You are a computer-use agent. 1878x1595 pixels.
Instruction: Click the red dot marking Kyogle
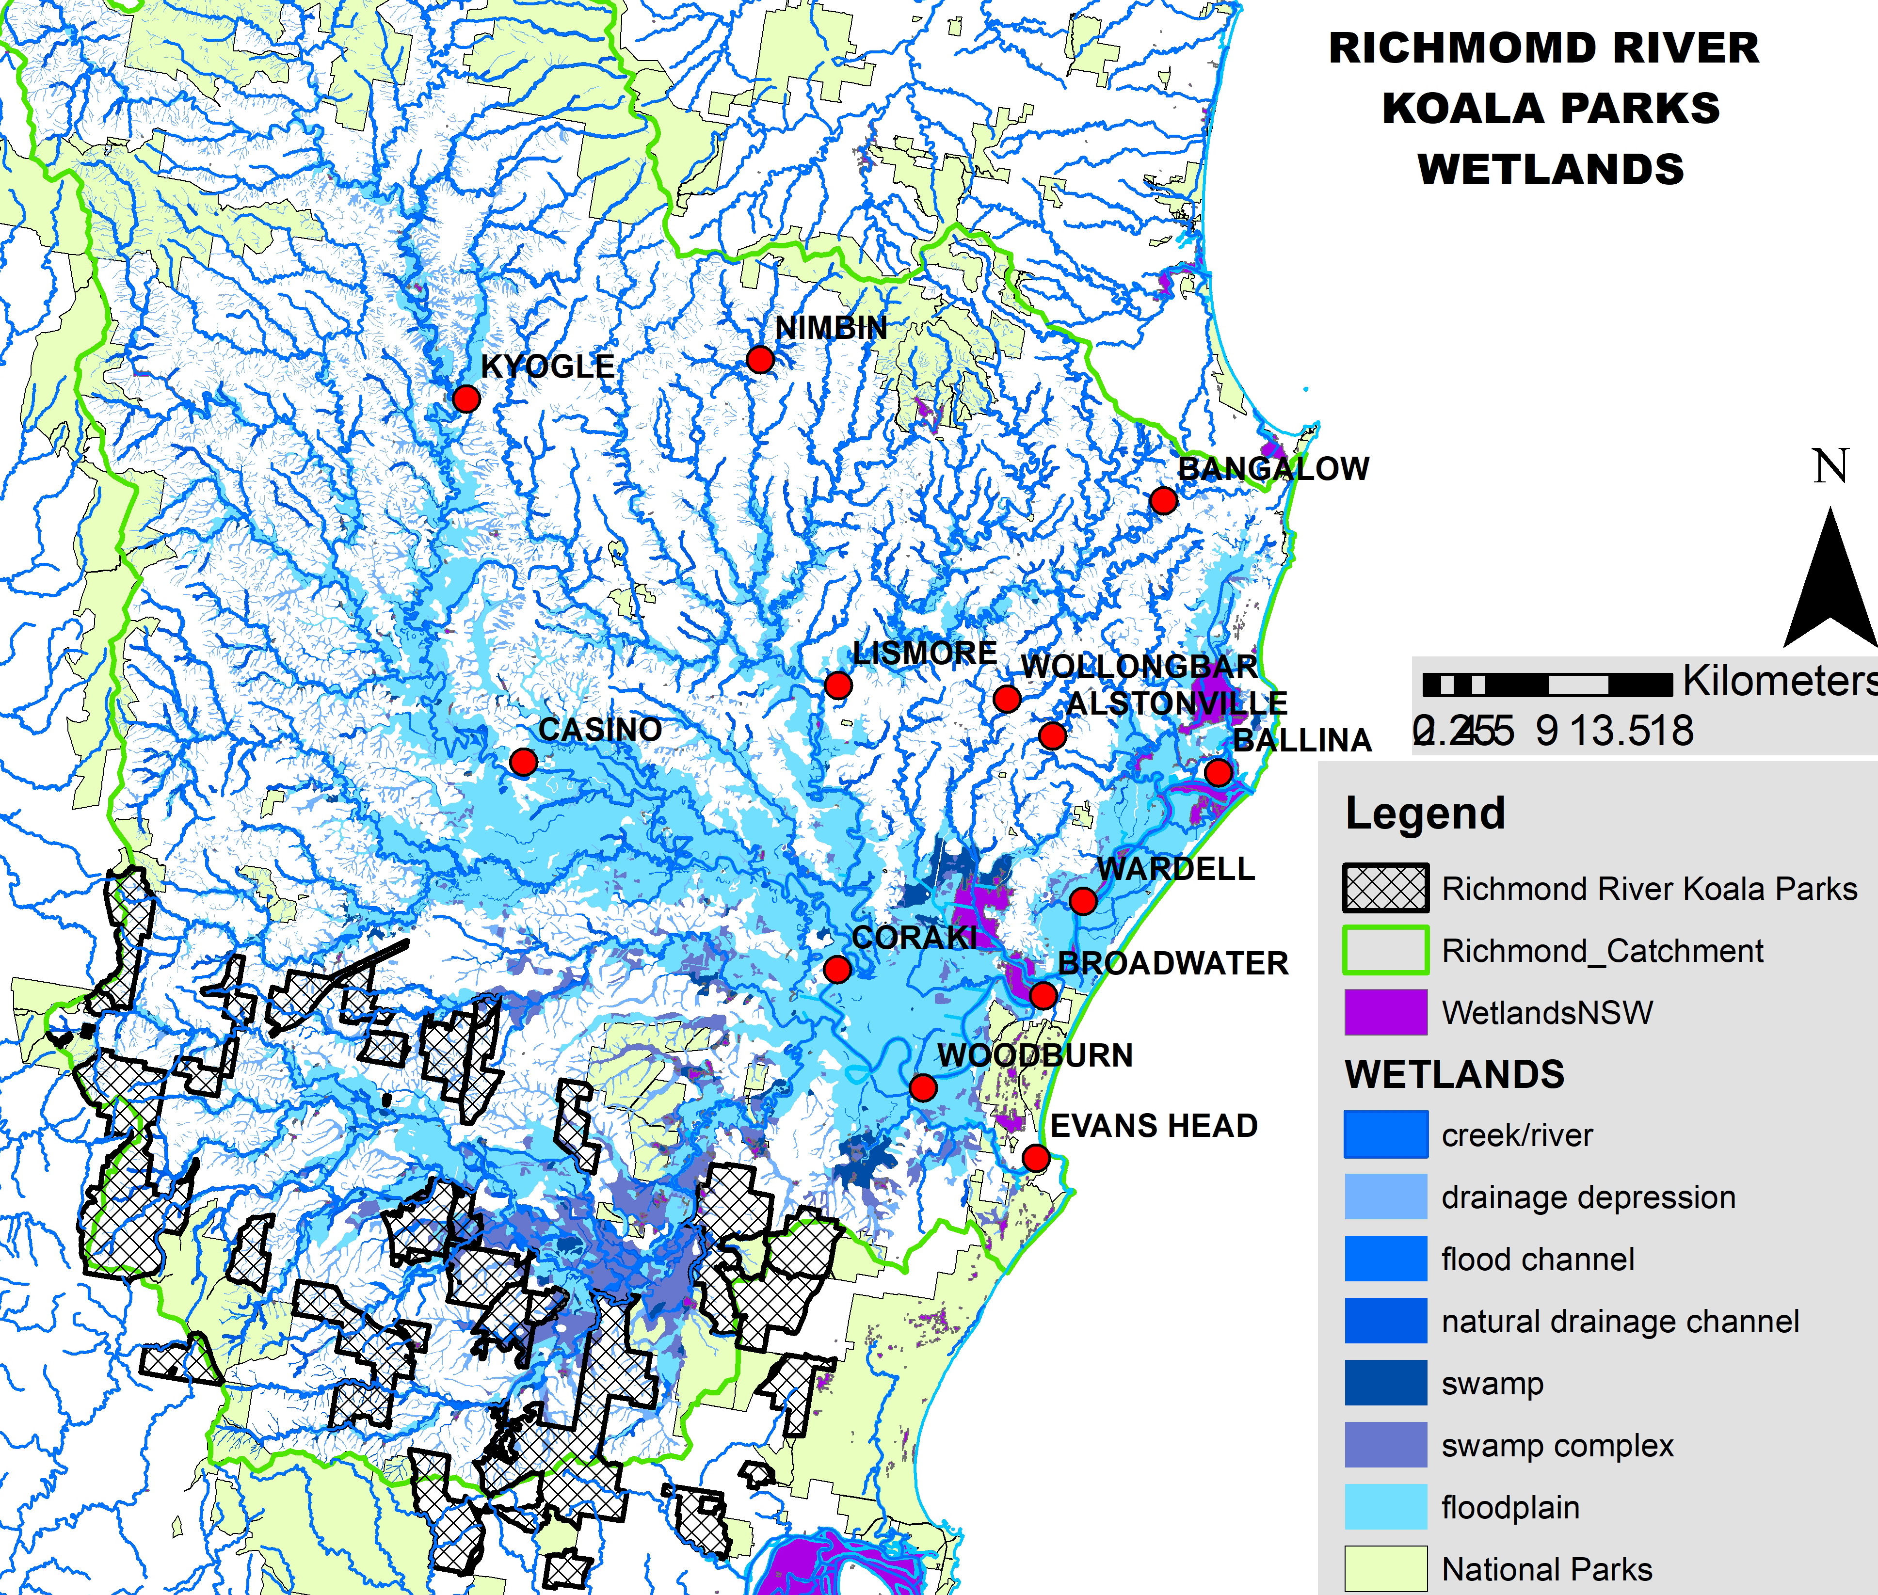click(465, 399)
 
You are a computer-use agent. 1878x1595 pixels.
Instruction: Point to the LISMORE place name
click(924, 653)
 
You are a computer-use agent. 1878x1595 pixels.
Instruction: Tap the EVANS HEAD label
click(1154, 1126)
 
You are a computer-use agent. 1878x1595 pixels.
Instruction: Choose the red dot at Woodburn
click(922, 1087)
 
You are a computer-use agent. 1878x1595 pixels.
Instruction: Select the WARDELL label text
click(1175, 869)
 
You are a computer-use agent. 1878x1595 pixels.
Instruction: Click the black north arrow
click(1830, 583)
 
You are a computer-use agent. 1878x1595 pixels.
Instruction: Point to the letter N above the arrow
click(1830, 466)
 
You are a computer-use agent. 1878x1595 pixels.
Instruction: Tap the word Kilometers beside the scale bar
click(1778, 681)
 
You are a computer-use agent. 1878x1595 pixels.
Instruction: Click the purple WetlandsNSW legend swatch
click(1385, 1012)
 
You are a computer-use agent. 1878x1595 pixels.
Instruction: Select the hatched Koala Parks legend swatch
click(1385, 888)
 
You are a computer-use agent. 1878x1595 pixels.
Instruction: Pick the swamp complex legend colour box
click(1385, 1445)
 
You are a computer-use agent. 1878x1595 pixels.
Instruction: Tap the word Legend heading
click(1425, 813)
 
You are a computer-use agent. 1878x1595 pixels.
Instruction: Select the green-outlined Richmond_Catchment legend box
click(1385, 950)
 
